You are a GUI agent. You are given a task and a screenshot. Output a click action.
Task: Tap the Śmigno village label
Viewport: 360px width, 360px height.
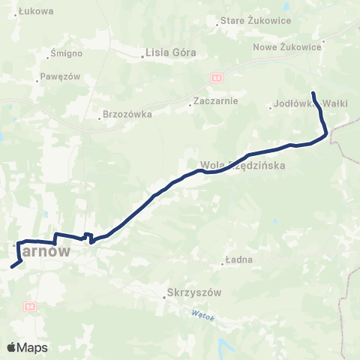63,53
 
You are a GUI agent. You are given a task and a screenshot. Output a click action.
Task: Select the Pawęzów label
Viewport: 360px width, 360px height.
60,76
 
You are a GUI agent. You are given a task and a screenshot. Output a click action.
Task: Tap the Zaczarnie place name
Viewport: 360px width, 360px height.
215,100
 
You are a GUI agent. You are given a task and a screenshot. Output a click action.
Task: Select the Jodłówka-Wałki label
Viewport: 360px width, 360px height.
310,103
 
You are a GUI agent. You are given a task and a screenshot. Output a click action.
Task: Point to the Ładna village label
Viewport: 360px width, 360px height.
239,260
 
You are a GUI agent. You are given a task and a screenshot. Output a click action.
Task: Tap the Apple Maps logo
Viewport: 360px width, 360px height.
27,347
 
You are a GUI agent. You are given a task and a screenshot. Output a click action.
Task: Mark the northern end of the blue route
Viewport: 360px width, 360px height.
313,92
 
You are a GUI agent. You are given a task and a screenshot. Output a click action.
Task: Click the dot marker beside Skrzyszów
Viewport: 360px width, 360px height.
164,297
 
